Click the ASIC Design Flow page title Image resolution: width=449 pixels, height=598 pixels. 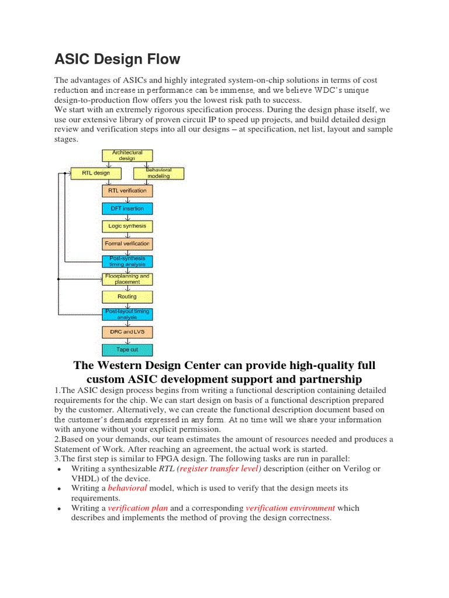[118, 59]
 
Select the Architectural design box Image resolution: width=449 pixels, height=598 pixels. [127, 155]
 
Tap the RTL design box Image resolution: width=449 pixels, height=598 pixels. [95, 173]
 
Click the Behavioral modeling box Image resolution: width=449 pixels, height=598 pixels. [158, 173]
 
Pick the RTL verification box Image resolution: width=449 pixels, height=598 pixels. [127, 190]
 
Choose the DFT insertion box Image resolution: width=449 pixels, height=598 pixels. [127, 208]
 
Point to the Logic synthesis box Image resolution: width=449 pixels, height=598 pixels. [127, 226]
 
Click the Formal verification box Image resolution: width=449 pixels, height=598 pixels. [127, 244]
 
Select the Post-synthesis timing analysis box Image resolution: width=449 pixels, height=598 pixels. [127, 261]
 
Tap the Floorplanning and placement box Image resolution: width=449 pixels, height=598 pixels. [127, 279]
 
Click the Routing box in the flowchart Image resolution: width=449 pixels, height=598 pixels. [127, 297]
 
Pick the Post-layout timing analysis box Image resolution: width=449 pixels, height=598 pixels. [127, 314]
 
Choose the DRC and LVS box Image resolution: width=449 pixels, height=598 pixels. [127, 332]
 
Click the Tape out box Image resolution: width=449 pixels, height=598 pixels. [127, 350]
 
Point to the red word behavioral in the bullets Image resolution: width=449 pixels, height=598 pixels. [127, 488]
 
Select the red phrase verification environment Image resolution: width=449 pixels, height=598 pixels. [291, 508]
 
